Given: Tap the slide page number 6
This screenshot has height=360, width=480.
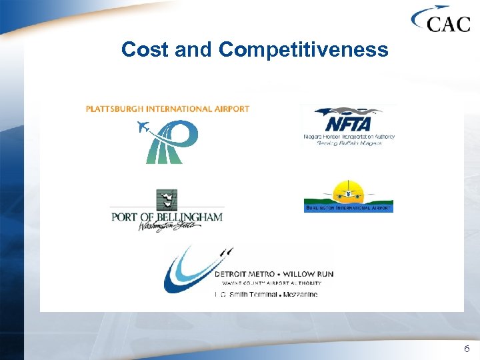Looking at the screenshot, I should pos(467,349).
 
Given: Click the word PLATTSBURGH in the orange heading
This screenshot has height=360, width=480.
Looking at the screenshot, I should pos(119,109).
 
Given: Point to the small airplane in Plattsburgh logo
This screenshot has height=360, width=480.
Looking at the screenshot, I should pos(143,127).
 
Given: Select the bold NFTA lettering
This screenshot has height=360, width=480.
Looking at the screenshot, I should pos(347,124).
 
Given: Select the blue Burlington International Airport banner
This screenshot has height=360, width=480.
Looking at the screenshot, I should pos(348,208).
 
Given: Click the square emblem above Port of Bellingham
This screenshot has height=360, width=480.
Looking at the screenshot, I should pos(166,199).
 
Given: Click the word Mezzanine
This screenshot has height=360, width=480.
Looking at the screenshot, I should pos(301,294).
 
